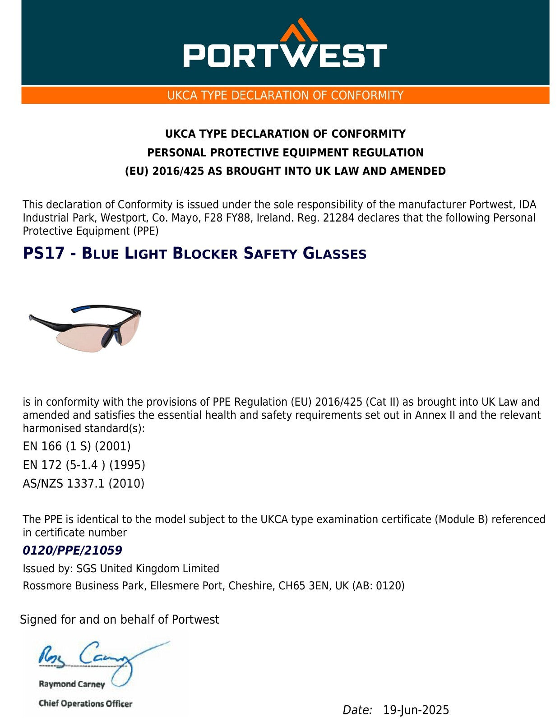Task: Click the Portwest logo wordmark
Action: (285, 56)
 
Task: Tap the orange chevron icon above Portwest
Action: (298, 30)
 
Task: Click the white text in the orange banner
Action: (285, 96)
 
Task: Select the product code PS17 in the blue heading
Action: (44, 254)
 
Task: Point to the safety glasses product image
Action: (85, 328)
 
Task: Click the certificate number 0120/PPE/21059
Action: (72, 551)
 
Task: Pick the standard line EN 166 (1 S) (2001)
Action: (77, 446)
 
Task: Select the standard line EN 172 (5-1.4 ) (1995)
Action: (84, 465)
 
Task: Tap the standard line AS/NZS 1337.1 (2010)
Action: (83, 484)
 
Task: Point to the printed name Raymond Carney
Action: (72, 684)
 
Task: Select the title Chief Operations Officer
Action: (85, 703)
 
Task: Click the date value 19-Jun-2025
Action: (416, 710)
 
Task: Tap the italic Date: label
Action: (357, 710)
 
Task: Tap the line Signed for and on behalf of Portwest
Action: (120, 620)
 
